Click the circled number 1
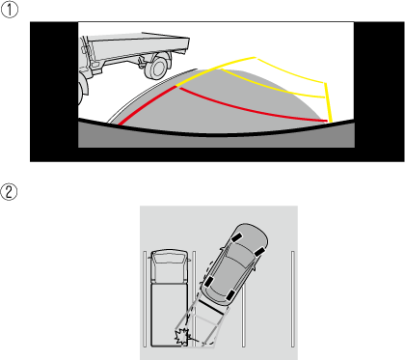(x=10, y=10)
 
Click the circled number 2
(x=9, y=192)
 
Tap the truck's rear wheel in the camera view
(x=157, y=68)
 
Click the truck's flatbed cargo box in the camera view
(x=138, y=46)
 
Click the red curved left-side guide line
(x=147, y=104)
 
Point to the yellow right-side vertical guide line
(x=328, y=102)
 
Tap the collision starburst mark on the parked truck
(x=181, y=337)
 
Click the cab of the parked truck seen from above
(x=169, y=265)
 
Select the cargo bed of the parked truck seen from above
(x=169, y=315)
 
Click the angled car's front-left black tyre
(x=237, y=238)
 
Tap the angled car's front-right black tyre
(x=259, y=252)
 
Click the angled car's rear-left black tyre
(x=208, y=282)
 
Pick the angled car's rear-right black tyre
(x=231, y=295)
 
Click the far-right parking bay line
(x=293, y=299)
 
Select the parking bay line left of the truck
(x=145, y=299)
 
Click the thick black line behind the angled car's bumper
(x=210, y=307)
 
